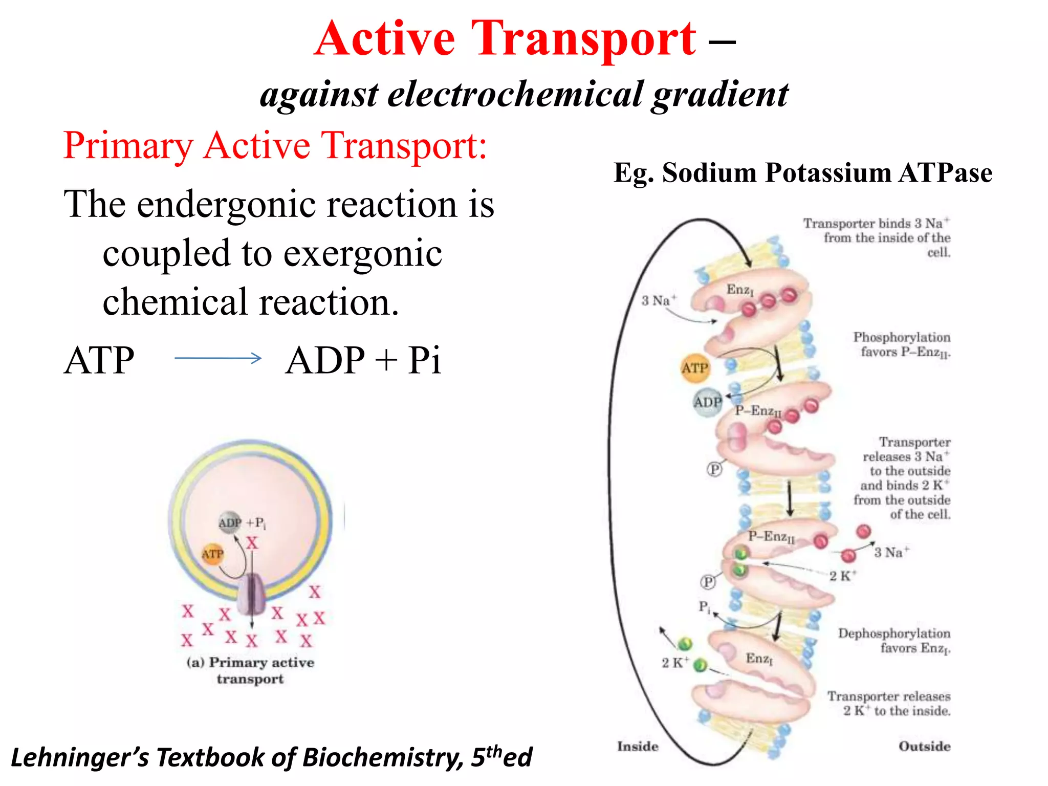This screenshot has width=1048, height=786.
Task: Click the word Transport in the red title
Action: (583, 38)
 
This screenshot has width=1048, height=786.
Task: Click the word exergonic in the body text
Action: (363, 254)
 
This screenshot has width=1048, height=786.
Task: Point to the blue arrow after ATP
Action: (218, 358)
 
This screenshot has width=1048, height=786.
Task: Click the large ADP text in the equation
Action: (325, 360)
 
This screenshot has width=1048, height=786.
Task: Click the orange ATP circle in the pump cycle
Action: (694, 368)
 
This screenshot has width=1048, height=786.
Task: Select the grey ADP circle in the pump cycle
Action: (708, 402)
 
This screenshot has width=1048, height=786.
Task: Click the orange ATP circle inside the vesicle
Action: (212, 554)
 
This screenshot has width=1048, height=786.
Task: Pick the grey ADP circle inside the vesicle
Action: (230, 522)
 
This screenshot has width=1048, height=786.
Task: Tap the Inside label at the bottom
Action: (638, 746)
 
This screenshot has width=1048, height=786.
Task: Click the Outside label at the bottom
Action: (924, 746)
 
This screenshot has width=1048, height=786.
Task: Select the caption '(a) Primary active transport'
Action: (250, 670)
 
